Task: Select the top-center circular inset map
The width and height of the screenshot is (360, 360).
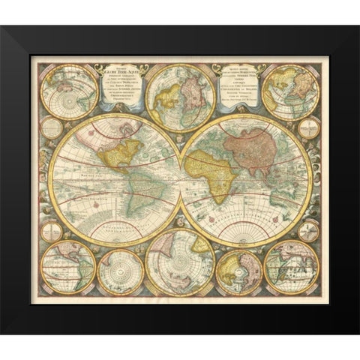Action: click(179, 98)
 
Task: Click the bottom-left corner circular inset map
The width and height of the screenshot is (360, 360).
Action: click(68, 266)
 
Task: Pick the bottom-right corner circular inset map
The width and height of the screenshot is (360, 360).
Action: click(291, 266)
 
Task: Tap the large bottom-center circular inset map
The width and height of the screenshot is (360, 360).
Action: click(181, 262)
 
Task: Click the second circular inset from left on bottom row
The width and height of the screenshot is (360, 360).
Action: click(120, 271)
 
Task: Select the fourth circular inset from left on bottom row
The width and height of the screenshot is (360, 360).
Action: click(238, 271)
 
